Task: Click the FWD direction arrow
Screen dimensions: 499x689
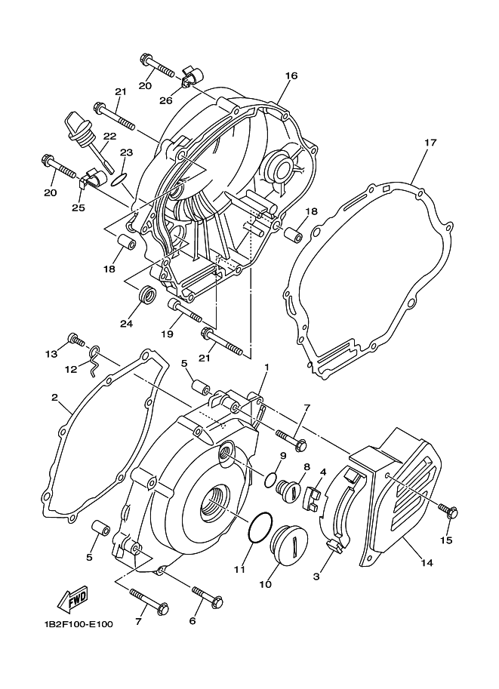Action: [72, 599]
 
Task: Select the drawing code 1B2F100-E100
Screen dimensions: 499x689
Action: [79, 624]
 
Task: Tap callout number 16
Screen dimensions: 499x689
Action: [291, 75]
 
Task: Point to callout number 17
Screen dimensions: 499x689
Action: [430, 143]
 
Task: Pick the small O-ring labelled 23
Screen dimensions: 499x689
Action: [120, 180]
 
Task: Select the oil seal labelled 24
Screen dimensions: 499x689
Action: [147, 294]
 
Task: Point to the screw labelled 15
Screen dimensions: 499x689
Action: [448, 512]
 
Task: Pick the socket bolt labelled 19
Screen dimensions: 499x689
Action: [185, 310]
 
